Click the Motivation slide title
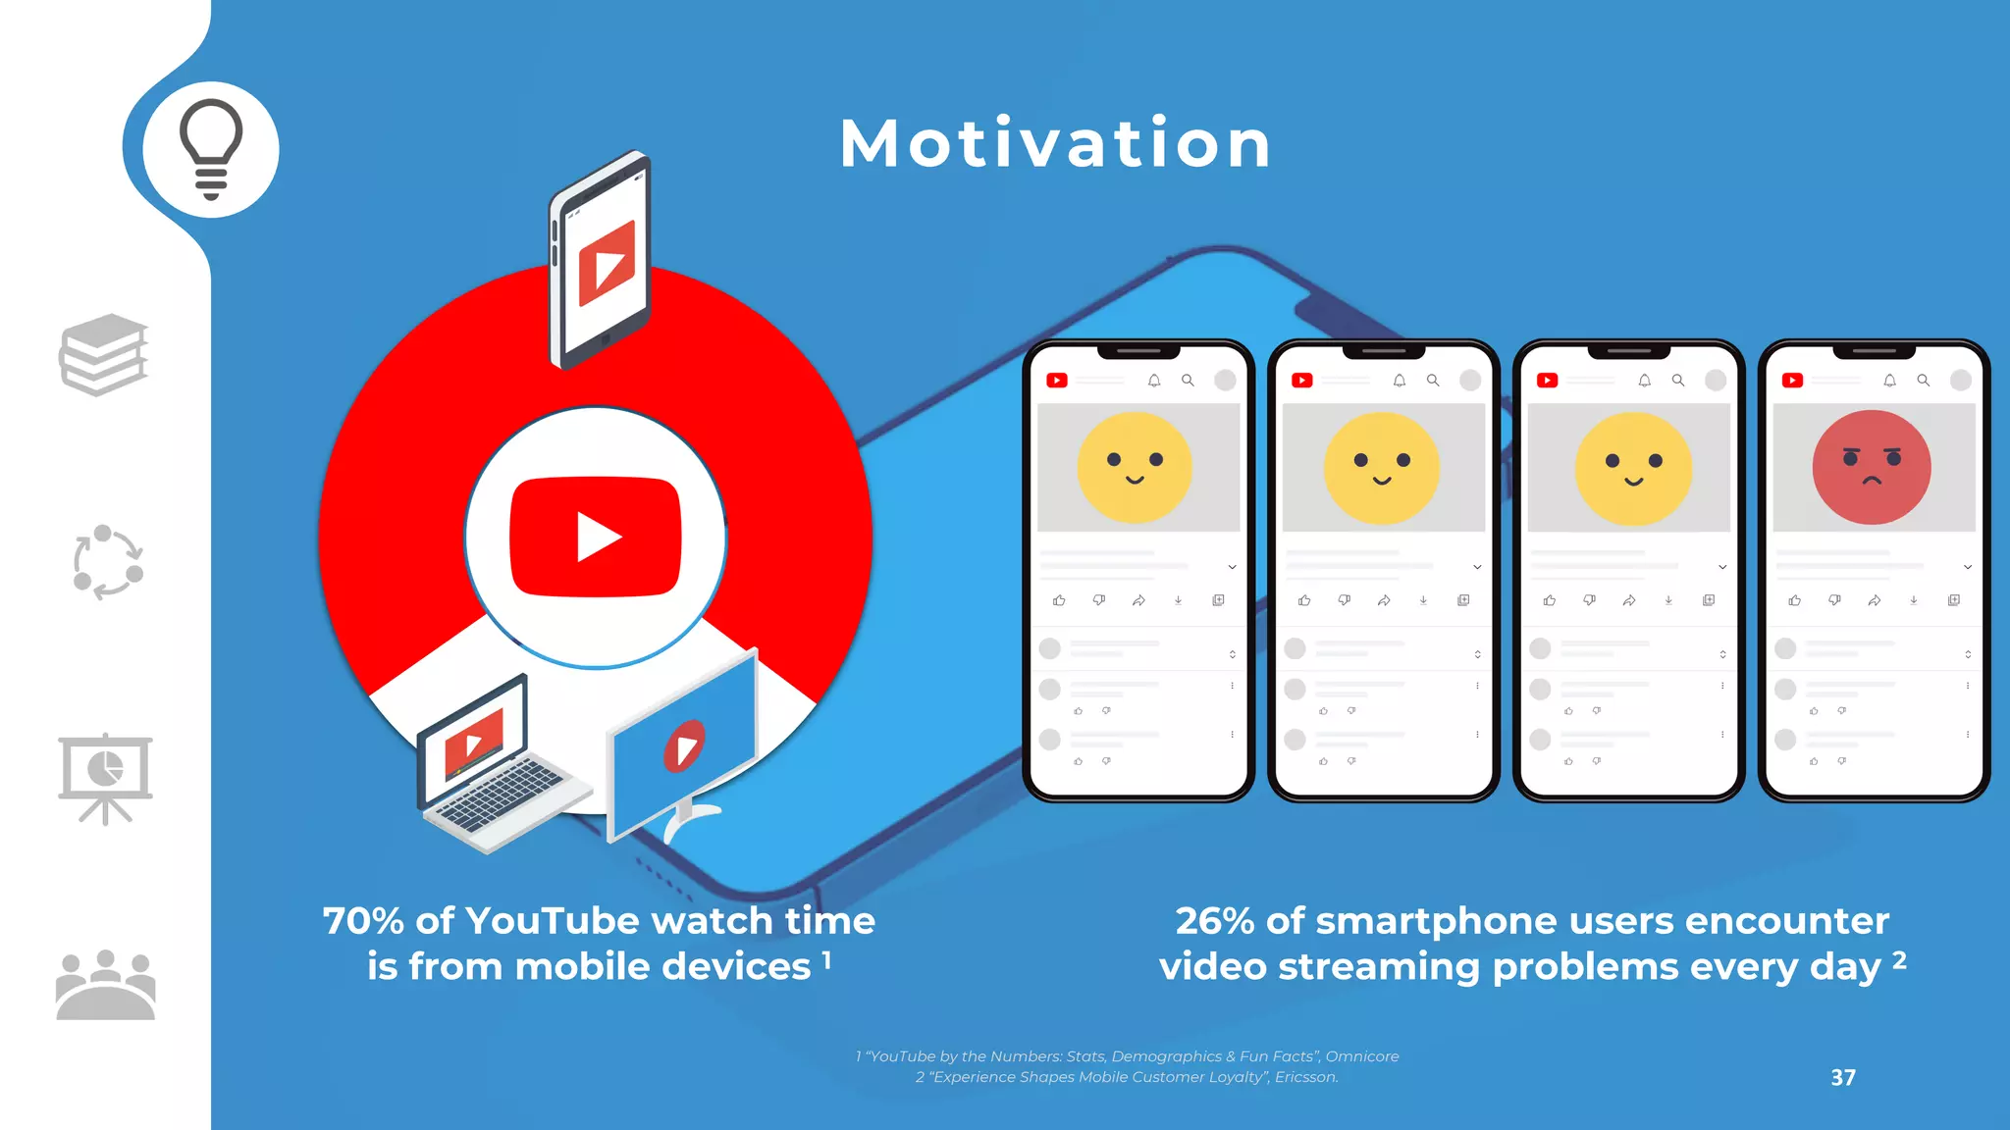coord(1056,144)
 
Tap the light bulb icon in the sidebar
coord(210,149)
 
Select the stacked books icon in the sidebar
coord(104,354)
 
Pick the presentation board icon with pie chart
coord(105,778)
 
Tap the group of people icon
coord(105,985)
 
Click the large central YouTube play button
coord(596,538)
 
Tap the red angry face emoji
coord(1872,467)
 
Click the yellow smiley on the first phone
coord(1135,467)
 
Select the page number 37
coord(1843,1077)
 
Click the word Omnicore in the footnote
coord(1362,1056)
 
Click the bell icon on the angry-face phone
coord(1889,381)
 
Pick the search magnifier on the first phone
coord(1188,381)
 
